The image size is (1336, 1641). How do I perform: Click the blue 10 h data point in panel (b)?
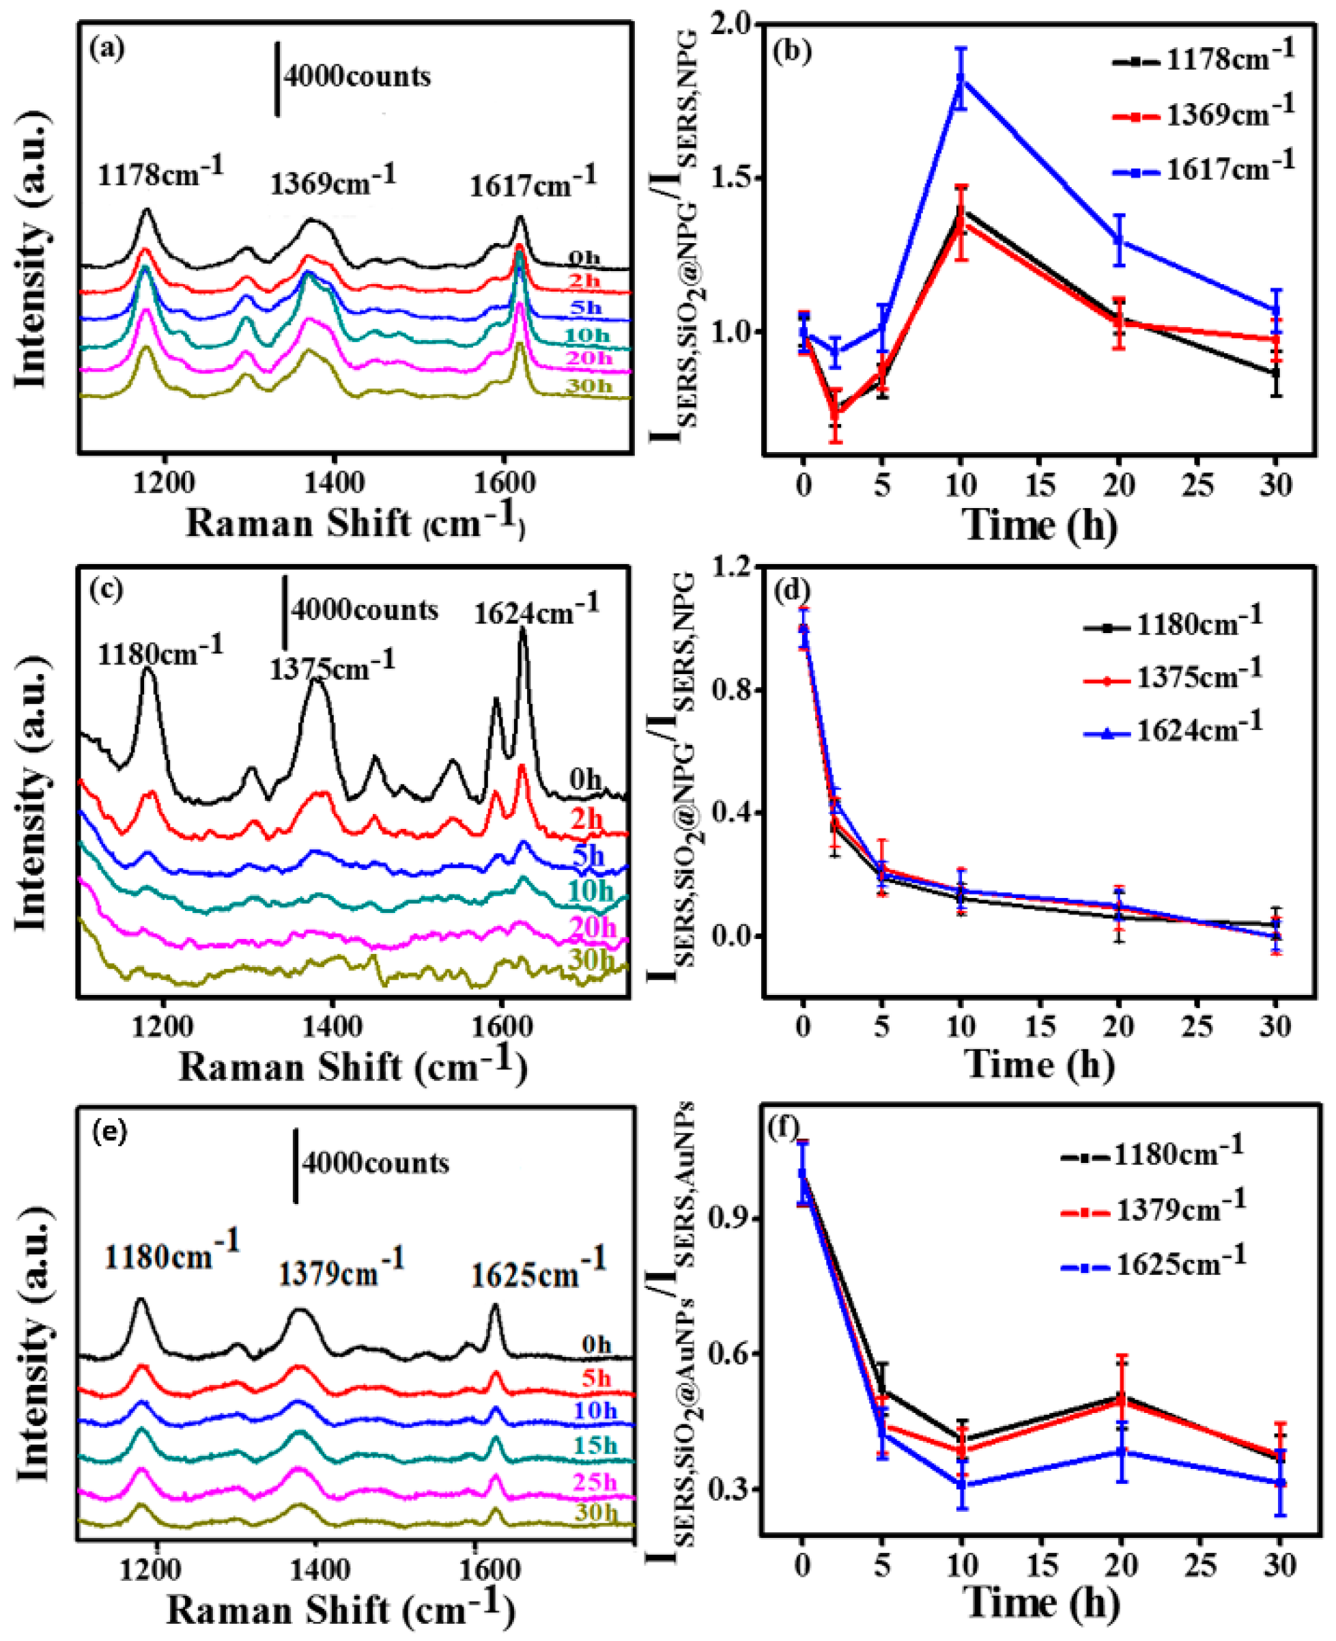coord(961,79)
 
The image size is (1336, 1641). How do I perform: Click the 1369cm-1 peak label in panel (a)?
coord(332,182)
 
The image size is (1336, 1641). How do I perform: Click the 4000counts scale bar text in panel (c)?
coord(364,611)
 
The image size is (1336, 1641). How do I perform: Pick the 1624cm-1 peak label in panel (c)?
coord(536,611)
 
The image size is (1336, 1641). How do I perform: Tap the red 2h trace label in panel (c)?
coord(587,819)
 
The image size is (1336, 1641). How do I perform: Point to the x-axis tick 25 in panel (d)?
coord(1197,1028)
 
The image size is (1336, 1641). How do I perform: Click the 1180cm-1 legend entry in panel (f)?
coord(1179,1155)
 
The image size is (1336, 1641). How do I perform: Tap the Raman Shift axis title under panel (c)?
coord(352,1068)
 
